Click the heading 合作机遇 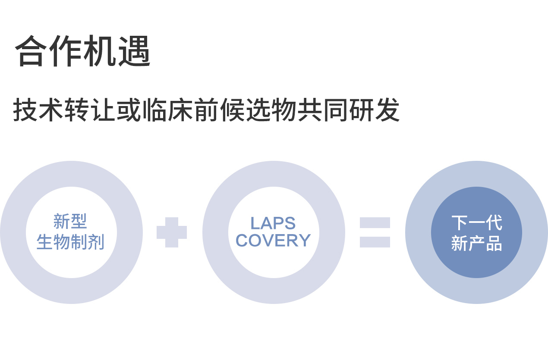pos(83,51)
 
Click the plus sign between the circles pos(172,232)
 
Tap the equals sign pos(375,232)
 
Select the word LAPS pos(273,223)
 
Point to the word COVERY pos(273,241)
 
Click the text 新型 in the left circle pos(70,222)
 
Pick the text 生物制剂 pos(70,242)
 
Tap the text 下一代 pos(476,223)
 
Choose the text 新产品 pos(476,244)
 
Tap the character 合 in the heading pos(31,51)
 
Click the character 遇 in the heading pos(135,51)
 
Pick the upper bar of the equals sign pos(375,222)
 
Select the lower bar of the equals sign pos(375,242)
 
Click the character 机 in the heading pos(100,51)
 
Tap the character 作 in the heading pos(66,51)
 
